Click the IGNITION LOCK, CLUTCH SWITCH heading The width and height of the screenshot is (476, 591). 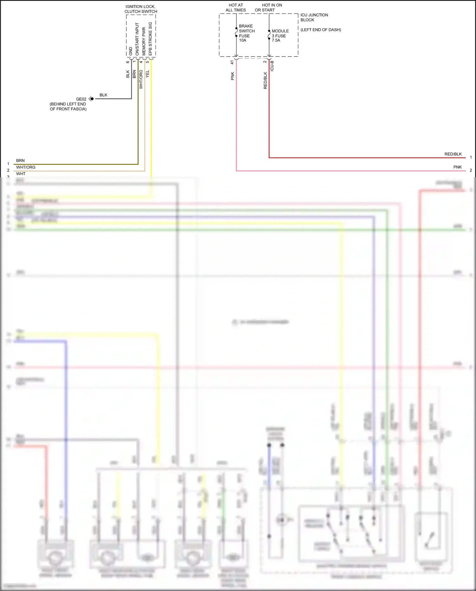pyautogui.click(x=141, y=9)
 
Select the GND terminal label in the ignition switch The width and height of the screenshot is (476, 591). pyautogui.click(x=130, y=51)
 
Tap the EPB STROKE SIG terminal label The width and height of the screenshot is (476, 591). pyautogui.click(x=150, y=38)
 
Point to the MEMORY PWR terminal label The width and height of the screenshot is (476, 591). pyautogui.click(x=144, y=41)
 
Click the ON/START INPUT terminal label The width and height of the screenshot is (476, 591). pyautogui.click(x=137, y=39)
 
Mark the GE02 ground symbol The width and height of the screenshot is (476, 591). pyautogui.click(x=91, y=99)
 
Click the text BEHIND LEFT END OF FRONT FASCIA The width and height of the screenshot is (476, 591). pyautogui.click(x=68, y=106)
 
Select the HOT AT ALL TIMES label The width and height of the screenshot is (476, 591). pyautogui.click(x=236, y=8)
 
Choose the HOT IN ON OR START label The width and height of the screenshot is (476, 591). pyautogui.click(x=268, y=8)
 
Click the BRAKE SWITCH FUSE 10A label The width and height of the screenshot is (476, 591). pyautogui.click(x=247, y=33)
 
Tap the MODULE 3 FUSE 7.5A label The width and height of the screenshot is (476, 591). pyautogui.click(x=280, y=36)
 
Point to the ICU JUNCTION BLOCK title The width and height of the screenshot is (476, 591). pyautogui.click(x=314, y=17)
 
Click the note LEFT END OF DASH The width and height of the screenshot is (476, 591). pyautogui.click(x=321, y=30)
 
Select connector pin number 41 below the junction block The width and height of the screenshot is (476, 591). pyautogui.click(x=232, y=62)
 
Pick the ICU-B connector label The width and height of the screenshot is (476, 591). pyautogui.click(x=272, y=66)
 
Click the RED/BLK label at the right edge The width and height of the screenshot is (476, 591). pyautogui.click(x=453, y=154)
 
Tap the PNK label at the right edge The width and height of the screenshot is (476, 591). pyautogui.click(x=457, y=167)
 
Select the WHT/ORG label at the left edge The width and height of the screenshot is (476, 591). pyautogui.click(x=26, y=167)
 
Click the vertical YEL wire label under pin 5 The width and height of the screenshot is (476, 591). pyautogui.click(x=147, y=74)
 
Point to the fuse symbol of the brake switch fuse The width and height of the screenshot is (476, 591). pyautogui.click(x=236, y=32)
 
